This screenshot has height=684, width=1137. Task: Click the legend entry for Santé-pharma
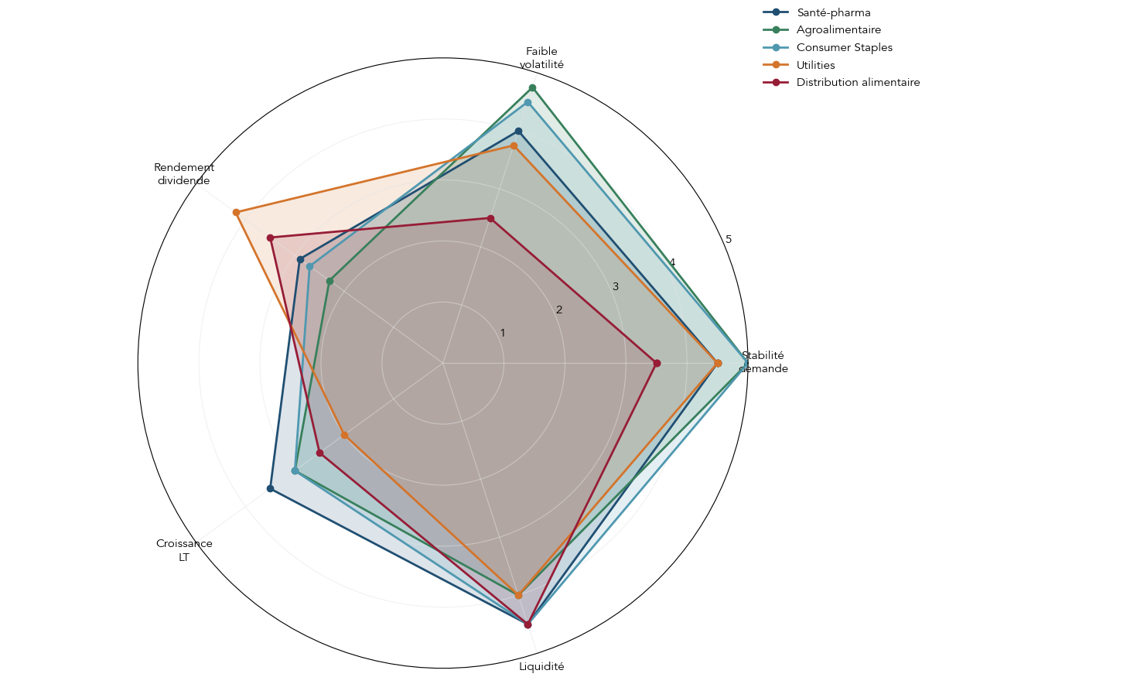pos(833,12)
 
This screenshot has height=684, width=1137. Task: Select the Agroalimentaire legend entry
pos(838,30)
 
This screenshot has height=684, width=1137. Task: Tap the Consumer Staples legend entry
pos(844,47)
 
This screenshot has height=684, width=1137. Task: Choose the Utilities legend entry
pos(815,65)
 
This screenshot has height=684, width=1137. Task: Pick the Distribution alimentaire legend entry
pos(858,82)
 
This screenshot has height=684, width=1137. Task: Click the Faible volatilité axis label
pos(541,58)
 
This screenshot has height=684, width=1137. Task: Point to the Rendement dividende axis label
pos(184,174)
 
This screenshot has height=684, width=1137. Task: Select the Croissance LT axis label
pos(184,550)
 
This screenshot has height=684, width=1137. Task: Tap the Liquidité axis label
pos(541,666)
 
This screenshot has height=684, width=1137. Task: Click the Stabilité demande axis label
pos(763,362)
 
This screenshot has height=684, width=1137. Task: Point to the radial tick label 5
pos(729,240)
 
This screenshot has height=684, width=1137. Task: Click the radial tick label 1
pos(503,333)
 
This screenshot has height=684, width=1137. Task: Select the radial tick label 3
pos(616,287)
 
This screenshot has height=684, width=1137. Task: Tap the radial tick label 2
pos(559,310)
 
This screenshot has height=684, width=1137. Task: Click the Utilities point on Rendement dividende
pos(236,212)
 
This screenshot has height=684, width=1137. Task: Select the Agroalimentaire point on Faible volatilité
pos(532,87)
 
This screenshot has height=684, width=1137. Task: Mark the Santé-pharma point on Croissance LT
pos(270,488)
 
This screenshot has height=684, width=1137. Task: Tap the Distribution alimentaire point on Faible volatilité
pos(490,218)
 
